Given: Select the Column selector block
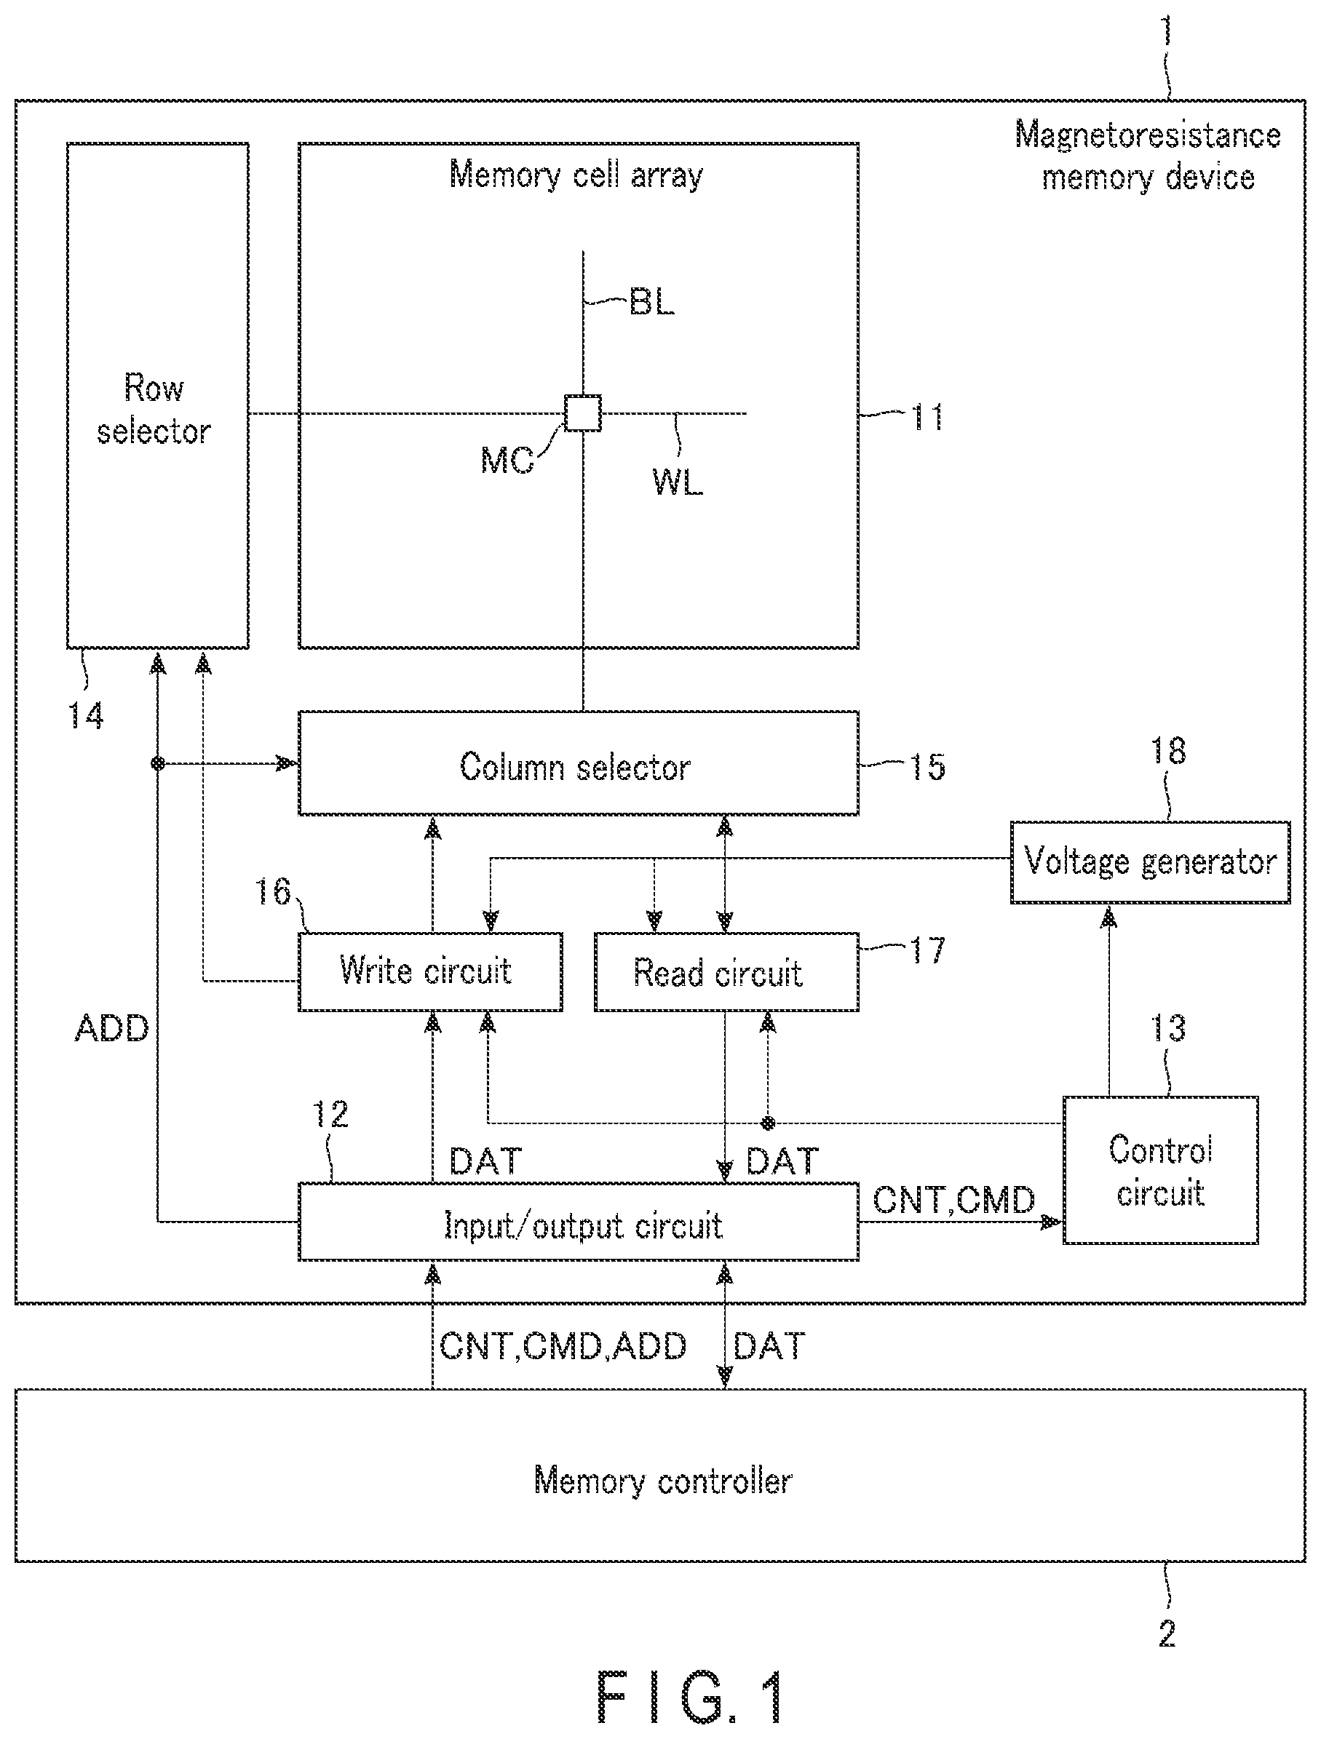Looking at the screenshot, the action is (x=578, y=763).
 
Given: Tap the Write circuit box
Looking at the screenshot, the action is (x=430, y=971).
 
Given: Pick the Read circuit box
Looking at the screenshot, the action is (x=726, y=971).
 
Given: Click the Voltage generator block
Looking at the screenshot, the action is (x=1149, y=862).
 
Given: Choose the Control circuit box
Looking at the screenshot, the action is (x=1161, y=1171).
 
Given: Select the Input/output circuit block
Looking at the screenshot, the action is (x=578, y=1222).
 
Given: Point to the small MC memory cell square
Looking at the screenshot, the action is (x=583, y=413).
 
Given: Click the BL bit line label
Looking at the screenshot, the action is (x=652, y=302).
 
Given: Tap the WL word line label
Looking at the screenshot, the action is (x=677, y=482).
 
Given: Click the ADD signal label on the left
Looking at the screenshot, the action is (x=111, y=1028).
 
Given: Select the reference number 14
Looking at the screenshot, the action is (x=86, y=716).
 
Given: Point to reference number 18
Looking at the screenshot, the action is (x=1167, y=751).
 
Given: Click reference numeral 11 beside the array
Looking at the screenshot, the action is (x=928, y=417).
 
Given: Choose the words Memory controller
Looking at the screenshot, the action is (x=662, y=1481).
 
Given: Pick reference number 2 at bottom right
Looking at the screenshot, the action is (x=1167, y=1634).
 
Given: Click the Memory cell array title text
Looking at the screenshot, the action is (x=576, y=175).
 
